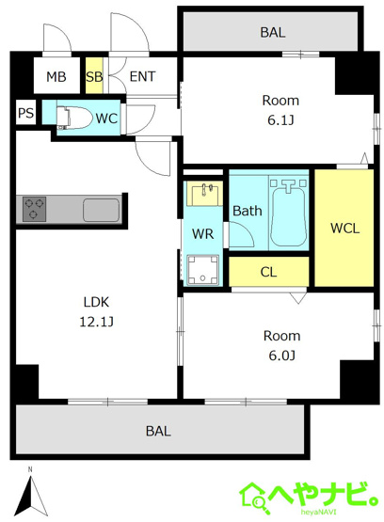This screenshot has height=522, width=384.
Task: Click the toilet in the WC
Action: tap(73, 118)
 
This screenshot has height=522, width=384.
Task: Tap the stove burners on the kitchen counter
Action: tap(34, 209)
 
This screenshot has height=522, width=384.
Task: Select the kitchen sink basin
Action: tap(101, 210)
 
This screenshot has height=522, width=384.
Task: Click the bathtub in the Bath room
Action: tap(288, 214)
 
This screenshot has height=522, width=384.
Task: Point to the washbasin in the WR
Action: tap(204, 194)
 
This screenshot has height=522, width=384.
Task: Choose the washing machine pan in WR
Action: tap(202, 270)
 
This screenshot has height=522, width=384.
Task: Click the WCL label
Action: tap(344, 229)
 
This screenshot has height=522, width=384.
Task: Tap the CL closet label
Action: tap(268, 272)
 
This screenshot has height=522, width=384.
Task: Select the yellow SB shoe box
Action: tap(94, 76)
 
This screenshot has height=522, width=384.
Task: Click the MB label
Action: tap(56, 77)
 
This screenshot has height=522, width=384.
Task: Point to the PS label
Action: tap(25, 113)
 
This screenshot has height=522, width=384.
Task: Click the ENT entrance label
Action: tap(142, 76)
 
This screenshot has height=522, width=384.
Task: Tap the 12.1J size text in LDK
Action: tap(97, 322)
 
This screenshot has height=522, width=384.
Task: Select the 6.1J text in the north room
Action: tap(280, 120)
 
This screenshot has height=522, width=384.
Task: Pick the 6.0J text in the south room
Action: tap(281, 356)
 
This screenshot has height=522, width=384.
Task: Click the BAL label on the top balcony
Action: tap(273, 32)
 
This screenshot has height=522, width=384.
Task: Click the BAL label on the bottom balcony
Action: tap(158, 431)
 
